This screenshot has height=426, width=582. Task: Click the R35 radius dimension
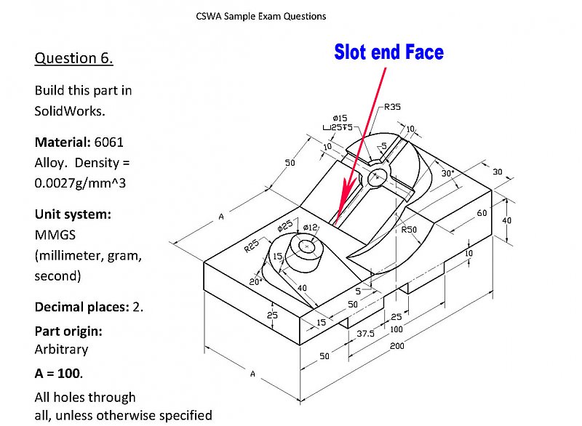(392, 107)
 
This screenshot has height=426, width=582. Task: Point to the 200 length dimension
(397, 345)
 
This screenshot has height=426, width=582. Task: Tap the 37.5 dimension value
(365, 334)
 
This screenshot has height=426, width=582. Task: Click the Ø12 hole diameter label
(310, 228)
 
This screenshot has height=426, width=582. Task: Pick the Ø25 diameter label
(285, 227)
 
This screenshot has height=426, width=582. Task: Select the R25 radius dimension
(252, 246)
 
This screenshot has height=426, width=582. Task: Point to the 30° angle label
(448, 174)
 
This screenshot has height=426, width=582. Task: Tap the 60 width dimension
(482, 213)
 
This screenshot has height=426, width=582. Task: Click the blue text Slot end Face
(388, 52)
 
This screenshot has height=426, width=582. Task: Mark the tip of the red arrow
(337, 222)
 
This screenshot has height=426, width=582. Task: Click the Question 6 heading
(73, 58)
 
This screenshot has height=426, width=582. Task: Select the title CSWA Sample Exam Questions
(261, 15)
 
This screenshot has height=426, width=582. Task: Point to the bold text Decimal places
(81, 307)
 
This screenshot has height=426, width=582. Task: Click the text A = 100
(58, 373)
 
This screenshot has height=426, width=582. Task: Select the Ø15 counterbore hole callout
(339, 118)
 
